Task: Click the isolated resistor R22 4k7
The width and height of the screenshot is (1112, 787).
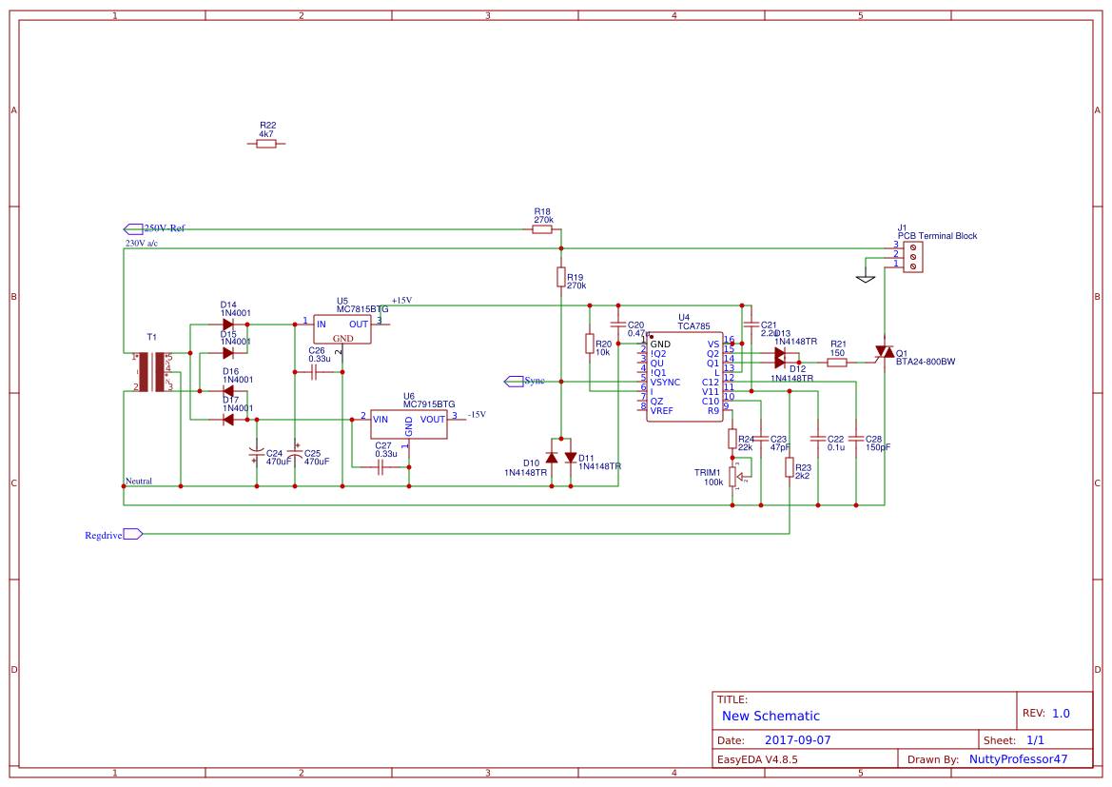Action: click(266, 144)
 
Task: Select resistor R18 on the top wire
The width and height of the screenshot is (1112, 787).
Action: click(542, 229)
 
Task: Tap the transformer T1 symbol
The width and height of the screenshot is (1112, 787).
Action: click(152, 372)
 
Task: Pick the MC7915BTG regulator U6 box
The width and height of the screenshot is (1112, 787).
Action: click(409, 423)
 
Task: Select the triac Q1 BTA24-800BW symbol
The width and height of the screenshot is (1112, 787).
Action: click(885, 353)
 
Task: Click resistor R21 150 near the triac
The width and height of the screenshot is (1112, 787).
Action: click(837, 362)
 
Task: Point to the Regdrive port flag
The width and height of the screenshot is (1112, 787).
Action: click(133, 534)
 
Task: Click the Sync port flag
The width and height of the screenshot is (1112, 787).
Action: click(513, 381)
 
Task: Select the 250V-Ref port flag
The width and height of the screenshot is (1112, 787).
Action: click(134, 228)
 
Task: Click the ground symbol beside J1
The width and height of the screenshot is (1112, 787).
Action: click(865, 278)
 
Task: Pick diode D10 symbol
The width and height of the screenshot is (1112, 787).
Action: click(552, 457)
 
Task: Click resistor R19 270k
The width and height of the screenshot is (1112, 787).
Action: click(561, 276)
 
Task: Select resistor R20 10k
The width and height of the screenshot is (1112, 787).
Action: click(590, 344)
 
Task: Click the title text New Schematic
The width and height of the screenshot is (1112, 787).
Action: click(771, 716)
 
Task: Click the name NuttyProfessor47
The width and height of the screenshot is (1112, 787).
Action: click(1018, 759)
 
